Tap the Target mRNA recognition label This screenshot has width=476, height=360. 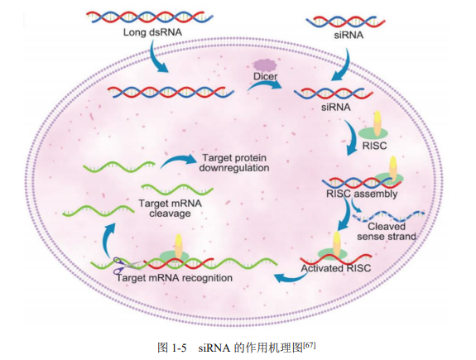174,277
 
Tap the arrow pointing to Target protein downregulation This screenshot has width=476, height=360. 175,161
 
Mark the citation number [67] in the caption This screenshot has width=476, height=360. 310,342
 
